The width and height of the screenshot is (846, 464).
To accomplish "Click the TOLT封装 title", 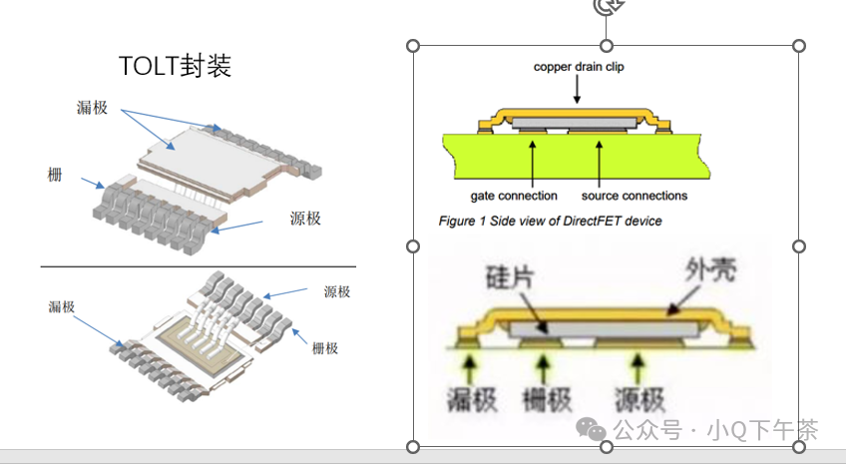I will tap(175, 66).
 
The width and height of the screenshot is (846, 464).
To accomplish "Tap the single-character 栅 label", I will tap(55, 176).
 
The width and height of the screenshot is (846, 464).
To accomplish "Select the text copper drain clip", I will tap(579, 67).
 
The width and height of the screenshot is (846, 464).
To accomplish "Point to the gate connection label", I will tap(514, 196).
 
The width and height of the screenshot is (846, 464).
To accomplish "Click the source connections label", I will tap(634, 196).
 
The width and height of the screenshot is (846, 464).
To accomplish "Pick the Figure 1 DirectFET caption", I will tap(550, 221).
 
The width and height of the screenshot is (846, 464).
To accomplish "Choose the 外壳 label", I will tap(711, 269).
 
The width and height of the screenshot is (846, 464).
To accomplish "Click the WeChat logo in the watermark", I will tap(595, 430).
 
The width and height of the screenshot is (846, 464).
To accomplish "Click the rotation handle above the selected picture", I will tap(606, 7).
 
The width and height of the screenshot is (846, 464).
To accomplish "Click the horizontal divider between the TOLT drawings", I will tap(198, 266).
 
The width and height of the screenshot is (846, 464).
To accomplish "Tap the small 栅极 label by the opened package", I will tap(325, 348).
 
